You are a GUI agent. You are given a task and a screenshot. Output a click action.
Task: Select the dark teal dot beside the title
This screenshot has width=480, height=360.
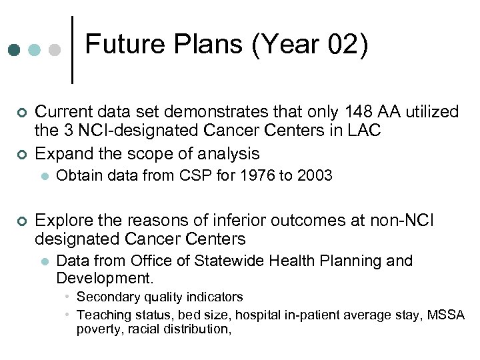(x=14, y=51)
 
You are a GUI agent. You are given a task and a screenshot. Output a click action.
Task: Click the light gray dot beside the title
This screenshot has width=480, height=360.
(x=55, y=51)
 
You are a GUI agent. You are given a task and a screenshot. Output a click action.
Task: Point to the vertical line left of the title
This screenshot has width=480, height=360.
(x=72, y=50)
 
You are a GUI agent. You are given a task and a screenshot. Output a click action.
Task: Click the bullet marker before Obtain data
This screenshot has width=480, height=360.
(x=43, y=177)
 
